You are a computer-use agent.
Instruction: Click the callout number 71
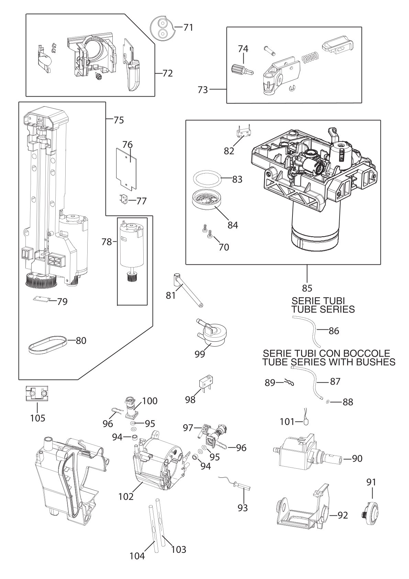[188, 27]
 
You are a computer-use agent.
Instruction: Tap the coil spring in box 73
[310, 58]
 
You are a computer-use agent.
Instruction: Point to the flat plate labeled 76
[126, 169]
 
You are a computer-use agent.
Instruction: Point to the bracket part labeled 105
[37, 393]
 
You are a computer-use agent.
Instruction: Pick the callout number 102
[126, 496]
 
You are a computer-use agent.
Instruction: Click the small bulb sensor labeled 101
[307, 421]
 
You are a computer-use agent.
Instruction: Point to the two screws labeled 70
[207, 231]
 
